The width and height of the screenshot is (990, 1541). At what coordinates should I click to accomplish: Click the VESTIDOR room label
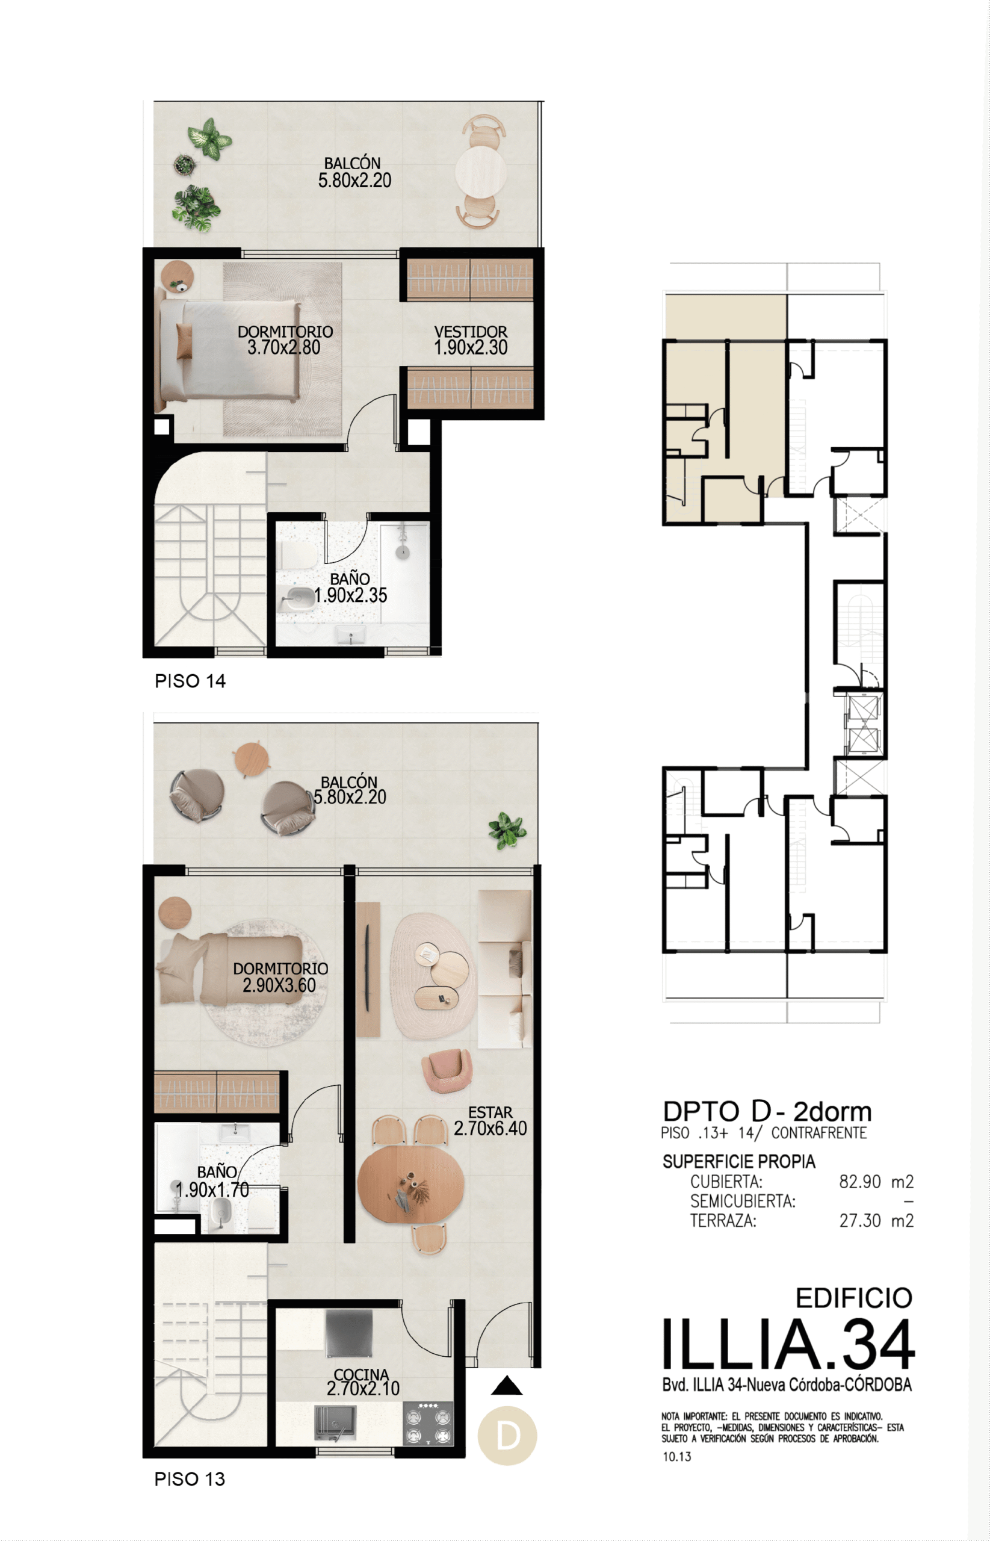471,332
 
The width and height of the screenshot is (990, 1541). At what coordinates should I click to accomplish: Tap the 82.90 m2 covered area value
876,1182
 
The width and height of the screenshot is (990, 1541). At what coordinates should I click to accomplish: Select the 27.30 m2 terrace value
876,1220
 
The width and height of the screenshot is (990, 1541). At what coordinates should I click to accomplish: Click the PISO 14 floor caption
190,681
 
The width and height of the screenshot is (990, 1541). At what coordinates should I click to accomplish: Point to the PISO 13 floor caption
190,1478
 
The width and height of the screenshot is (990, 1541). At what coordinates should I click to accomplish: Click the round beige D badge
507,1436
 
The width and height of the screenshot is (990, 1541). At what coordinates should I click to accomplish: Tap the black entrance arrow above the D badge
507,1386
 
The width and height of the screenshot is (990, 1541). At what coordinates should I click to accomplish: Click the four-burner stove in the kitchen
428,1424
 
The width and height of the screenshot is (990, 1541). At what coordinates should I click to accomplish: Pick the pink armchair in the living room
447,1070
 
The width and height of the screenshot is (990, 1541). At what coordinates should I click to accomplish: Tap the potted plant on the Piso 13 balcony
507,830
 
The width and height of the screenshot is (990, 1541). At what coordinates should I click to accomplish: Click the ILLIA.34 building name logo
788,1344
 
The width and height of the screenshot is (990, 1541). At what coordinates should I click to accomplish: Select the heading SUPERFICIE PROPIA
738,1162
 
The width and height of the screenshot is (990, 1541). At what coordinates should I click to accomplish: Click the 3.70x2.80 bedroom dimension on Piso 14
283,348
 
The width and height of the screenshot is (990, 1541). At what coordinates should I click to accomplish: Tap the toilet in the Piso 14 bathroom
298,555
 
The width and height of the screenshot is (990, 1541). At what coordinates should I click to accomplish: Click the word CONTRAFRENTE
819,1133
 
